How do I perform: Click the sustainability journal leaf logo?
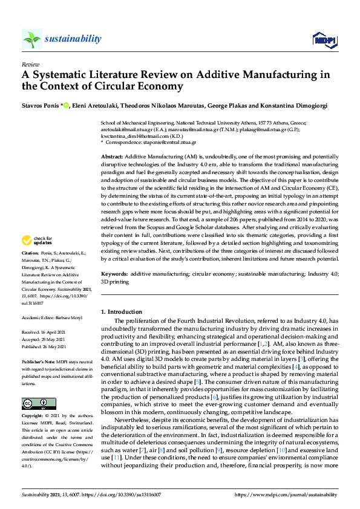click(31, 39)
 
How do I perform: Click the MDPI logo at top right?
click(324, 40)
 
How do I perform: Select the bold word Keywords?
click(114, 274)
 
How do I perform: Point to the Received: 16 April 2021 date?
click(45, 332)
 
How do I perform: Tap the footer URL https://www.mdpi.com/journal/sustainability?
click(291, 494)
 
